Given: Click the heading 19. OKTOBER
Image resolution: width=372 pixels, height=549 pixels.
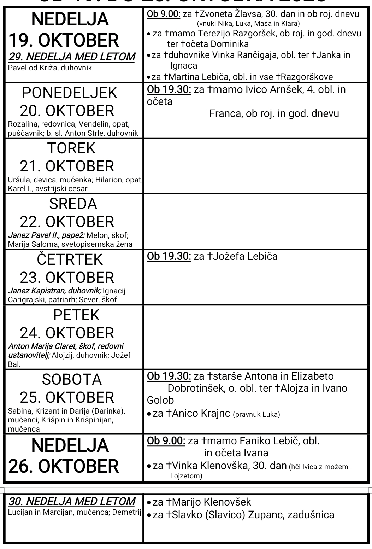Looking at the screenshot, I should click(x=64, y=40).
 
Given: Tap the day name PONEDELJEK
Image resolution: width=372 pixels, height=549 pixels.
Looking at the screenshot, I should click(x=70, y=93).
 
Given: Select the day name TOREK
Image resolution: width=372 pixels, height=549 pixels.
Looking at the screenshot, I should click(x=71, y=148).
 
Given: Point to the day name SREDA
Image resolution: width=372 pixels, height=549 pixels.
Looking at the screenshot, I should click(x=73, y=204).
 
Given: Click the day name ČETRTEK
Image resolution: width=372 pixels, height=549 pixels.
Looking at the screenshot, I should click(x=70, y=259).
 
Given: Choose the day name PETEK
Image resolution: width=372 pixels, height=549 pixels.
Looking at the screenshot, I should click(x=76, y=315).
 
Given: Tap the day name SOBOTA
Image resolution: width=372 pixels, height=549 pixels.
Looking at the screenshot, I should click(x=72, y=379).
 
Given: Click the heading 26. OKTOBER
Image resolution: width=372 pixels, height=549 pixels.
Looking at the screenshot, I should click(x=64, y=466).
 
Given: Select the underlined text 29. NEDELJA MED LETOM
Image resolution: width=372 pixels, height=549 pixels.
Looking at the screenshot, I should click(x=72, y=57).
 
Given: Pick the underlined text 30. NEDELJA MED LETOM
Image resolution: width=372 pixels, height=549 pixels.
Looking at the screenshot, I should click(x=72, y=501).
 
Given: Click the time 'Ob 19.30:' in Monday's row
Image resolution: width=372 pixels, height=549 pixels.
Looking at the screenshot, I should click(x=169, y=89).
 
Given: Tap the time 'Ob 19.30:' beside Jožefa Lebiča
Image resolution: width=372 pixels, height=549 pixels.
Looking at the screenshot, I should click(x=169, y=256).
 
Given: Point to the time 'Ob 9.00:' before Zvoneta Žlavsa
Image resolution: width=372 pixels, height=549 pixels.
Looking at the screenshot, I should click(x=164, y=14).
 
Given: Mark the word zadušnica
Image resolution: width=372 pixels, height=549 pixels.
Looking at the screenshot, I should click(x=311, y=514).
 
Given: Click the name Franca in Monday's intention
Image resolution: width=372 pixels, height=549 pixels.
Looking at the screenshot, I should click(x=225, y=113).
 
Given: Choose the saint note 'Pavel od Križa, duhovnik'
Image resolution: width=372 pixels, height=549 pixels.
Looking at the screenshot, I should click(x=50, y=68).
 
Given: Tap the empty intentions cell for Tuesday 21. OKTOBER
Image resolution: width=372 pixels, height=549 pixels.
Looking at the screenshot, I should click(x=256, y=165).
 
